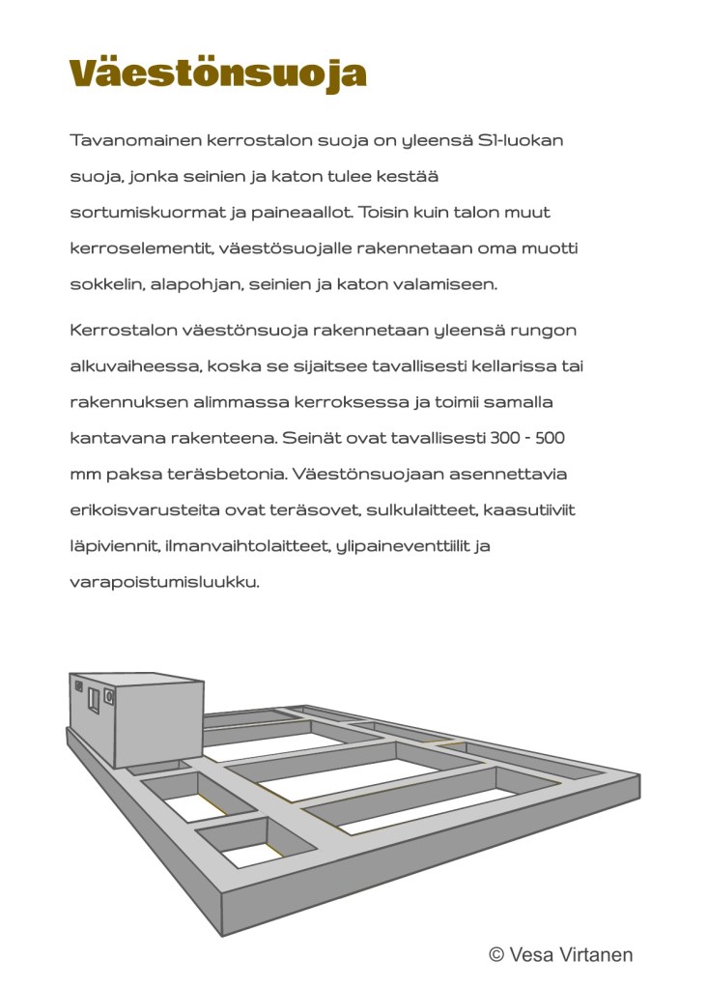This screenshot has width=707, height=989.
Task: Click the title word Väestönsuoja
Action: point(218,73)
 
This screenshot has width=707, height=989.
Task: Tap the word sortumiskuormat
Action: point(148,212)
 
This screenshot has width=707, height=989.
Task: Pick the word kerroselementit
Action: point(141,247)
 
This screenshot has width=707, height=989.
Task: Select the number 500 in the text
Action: point(551,438)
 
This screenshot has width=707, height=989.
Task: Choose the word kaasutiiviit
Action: point(529,509)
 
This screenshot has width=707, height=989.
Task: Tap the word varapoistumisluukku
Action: point(164,582)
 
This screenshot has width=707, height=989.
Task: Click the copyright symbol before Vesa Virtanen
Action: point(496,955)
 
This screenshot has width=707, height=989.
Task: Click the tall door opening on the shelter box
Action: point(94,701)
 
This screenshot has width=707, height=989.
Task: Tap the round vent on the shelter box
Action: point(108,697)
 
